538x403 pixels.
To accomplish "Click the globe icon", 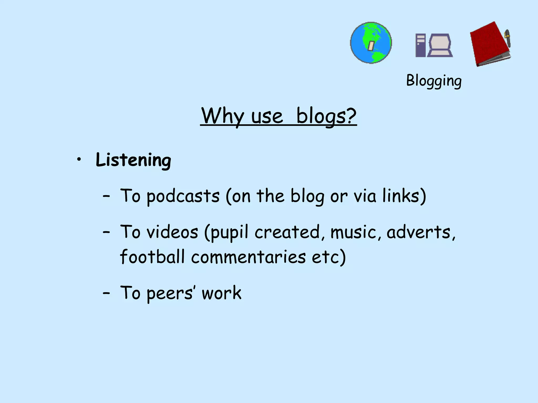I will pyautogui.click(x=371, y=43).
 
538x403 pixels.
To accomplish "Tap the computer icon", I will pyautogui.click(x=434, y=45).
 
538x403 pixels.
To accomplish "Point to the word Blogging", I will pyautogui.click(x=434, y=81).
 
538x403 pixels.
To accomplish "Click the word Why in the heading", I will pyautogui.click(x=223, y=116).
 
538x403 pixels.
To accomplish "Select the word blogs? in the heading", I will pyautogui.click(x=326, y=116).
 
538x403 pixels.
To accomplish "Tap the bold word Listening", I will pyautogui.click(x=133, y=160).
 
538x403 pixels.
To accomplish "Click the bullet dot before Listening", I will pyautogui.click(x=79, y=159).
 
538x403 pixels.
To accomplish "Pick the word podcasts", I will pyautogui.click(x=183, y=196).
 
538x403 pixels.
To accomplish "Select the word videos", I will pyautogui.click(x=172, y=232).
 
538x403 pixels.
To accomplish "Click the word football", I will pyautogui.click(x=152, y=257).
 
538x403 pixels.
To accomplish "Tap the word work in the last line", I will pyautogui.click(x=221, y=293).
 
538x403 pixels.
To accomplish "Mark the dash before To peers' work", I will pyautogui.click(x=106, y=293).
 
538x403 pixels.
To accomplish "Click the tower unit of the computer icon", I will pyautogui.click(x=420, y=45).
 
